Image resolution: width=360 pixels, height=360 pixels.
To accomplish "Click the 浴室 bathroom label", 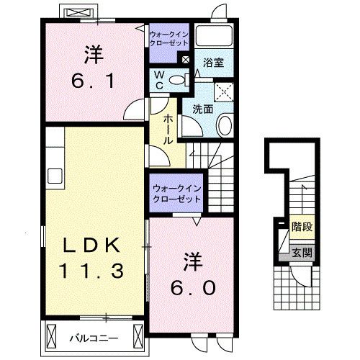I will coord(214,63).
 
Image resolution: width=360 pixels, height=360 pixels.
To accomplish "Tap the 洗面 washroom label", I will coord(202,109).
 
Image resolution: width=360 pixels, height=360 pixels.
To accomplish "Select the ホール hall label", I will coord(168,130).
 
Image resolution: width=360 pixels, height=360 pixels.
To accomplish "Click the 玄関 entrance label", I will coord(302,253).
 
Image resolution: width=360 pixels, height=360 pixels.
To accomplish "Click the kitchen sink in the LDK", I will coord(55,176).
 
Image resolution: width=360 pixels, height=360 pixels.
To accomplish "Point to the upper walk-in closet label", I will coord(170,37).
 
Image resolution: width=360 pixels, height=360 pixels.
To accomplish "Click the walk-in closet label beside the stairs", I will coord(176,193).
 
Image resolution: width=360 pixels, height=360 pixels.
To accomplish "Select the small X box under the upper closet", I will coord(186,60).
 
